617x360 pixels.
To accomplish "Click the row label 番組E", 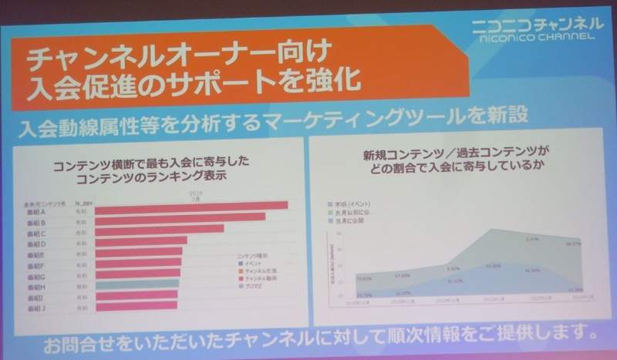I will [35, 254].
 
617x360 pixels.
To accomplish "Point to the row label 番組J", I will [35, 308].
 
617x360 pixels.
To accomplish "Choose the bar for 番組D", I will [142, 241].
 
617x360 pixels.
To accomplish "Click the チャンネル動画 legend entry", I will [258, 278].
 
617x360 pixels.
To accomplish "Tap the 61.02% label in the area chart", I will [454, 281].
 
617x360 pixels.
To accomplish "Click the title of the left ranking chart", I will [153, 170].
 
